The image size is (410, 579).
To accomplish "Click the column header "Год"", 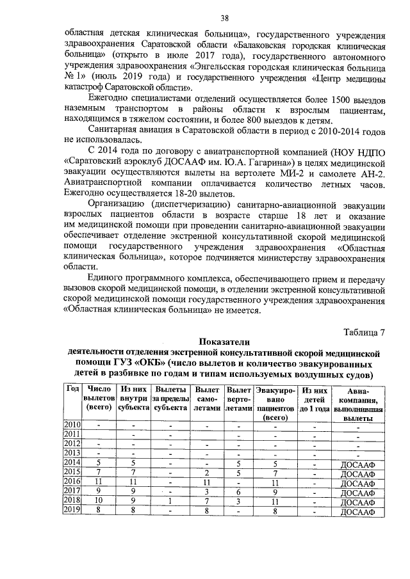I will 72,390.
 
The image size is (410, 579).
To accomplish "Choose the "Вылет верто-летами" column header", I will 239,398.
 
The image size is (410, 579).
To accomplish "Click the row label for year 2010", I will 72,425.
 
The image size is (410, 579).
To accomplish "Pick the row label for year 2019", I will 72,511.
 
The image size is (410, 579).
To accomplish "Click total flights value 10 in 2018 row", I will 99,501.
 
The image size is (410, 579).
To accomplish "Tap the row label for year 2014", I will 72,463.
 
